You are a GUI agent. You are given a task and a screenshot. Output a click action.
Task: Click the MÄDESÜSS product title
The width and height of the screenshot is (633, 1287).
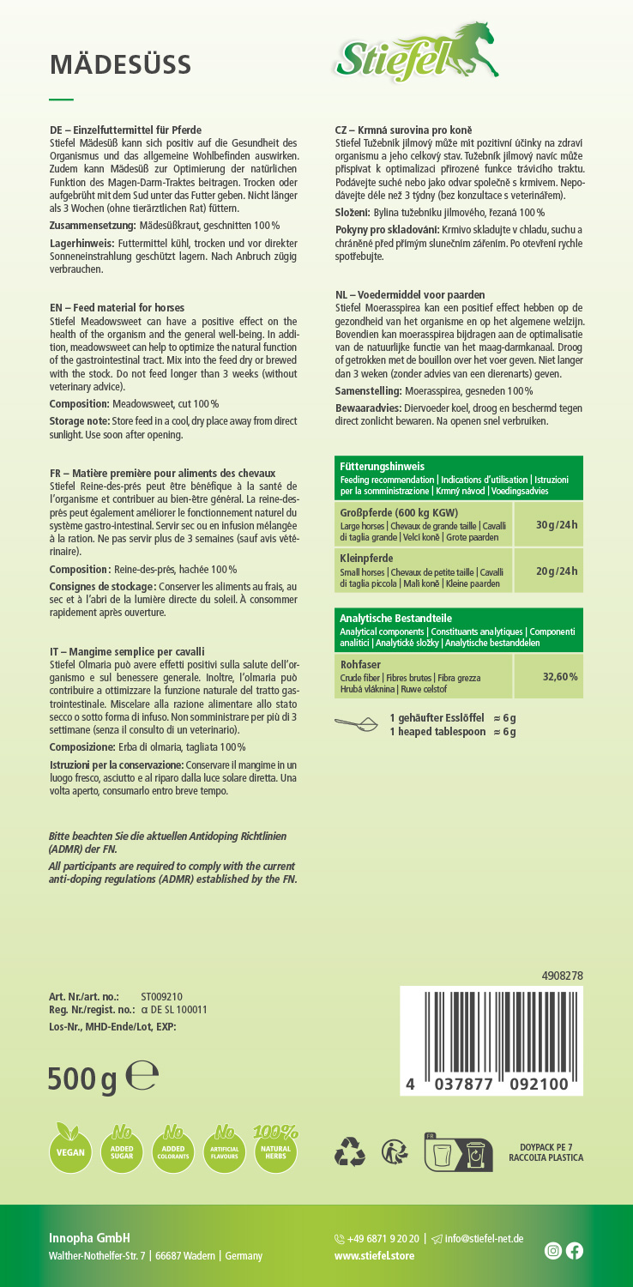click(x=120, y=63)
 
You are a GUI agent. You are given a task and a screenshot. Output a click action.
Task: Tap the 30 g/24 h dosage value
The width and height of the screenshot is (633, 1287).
click(x=557, y=524)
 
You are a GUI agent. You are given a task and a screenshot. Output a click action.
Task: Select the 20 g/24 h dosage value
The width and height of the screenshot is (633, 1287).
click(x=557, y=571)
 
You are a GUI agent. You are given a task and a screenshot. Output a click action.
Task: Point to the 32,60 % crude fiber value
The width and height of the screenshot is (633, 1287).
click(x=560, y=676)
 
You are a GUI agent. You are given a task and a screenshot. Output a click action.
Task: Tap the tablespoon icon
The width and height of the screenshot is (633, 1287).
click(x=356, y=723)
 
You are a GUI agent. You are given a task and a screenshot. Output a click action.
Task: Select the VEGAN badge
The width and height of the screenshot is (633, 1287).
click(x=70, y=1150)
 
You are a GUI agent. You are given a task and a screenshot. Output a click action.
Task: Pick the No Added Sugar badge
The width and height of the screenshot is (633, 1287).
click(x=122, y=1148)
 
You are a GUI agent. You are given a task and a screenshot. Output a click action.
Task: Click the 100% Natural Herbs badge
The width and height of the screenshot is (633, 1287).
click(x=276, y=1148)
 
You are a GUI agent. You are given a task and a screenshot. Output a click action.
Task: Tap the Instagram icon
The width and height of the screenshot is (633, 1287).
click(x=553, y=1251)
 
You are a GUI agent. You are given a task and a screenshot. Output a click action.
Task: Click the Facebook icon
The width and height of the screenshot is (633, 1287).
click(x=575, y=1251)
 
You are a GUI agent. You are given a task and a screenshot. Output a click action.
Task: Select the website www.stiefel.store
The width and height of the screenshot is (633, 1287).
click(x=374, y=1255)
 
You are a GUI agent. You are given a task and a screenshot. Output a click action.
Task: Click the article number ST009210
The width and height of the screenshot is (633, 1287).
click(x=161, y=996)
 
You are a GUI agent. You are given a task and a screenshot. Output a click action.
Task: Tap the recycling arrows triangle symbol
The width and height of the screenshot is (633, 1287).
click(x=350, y=1151)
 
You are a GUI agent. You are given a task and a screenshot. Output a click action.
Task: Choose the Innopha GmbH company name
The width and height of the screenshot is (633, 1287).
click(x=89, y=1237)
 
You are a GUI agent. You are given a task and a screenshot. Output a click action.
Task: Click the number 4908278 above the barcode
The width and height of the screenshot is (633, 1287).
click(x=562, y=976)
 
